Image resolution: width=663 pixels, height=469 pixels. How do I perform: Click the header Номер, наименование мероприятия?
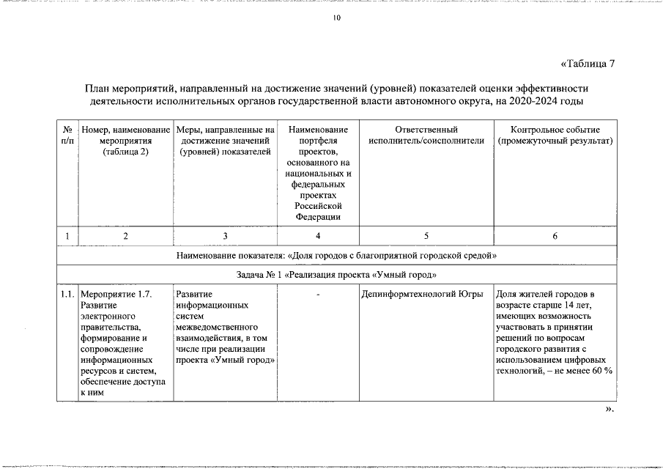click(126, 140)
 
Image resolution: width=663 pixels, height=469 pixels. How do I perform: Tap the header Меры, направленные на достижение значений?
click(225, 140)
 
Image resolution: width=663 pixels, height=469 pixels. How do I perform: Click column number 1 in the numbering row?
click(67, 236)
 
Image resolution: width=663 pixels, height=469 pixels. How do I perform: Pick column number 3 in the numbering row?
click(225, 236)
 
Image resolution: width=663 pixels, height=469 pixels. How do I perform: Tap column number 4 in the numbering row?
click(318, 236)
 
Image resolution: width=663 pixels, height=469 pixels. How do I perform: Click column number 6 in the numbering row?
click(555, 236)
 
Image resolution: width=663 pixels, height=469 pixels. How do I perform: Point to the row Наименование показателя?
click(336, 256)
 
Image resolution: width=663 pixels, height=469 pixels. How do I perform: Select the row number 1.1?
click(67, 295)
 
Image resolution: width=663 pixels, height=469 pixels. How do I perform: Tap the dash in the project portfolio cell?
click(318, 295)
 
